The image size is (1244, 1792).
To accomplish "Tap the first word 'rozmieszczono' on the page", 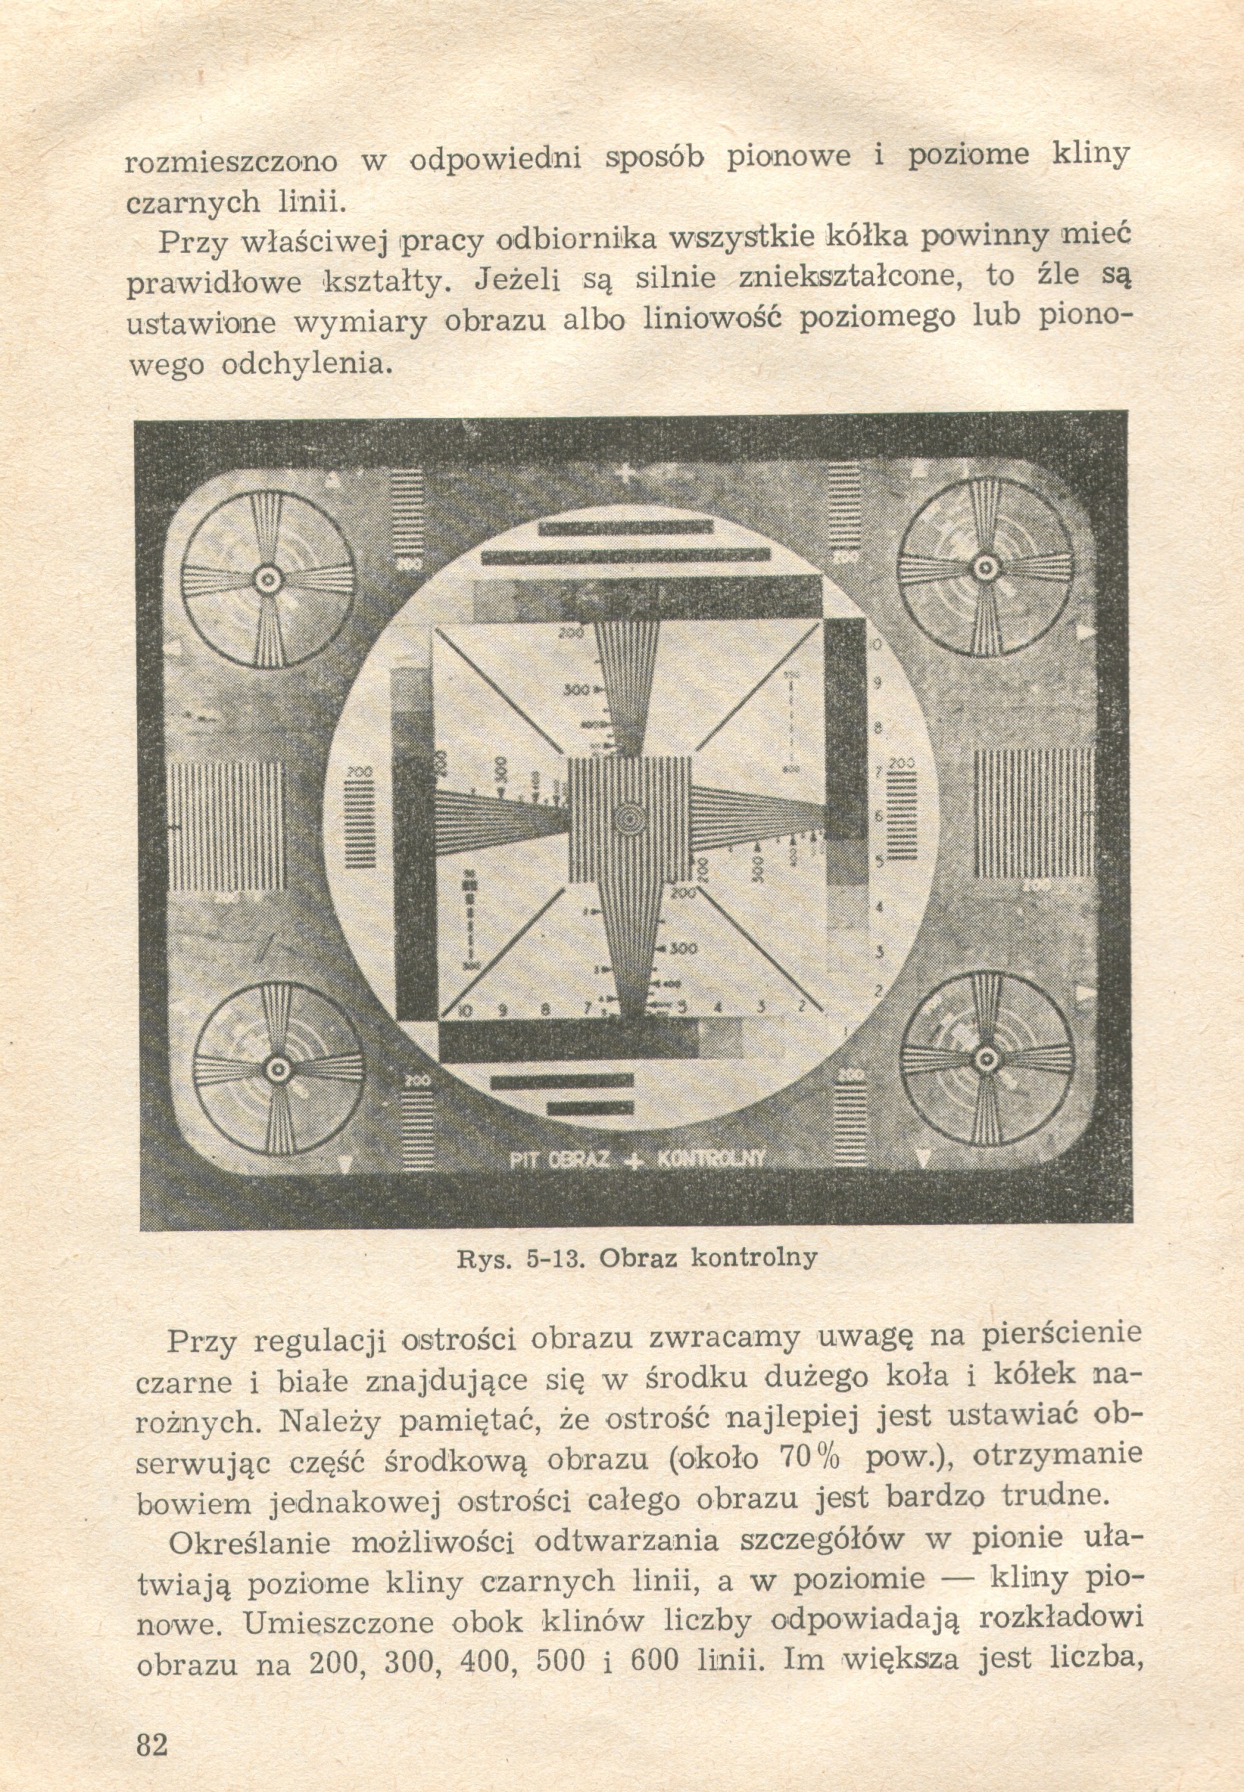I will [232, 161].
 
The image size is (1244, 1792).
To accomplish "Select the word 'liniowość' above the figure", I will [709, 321].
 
